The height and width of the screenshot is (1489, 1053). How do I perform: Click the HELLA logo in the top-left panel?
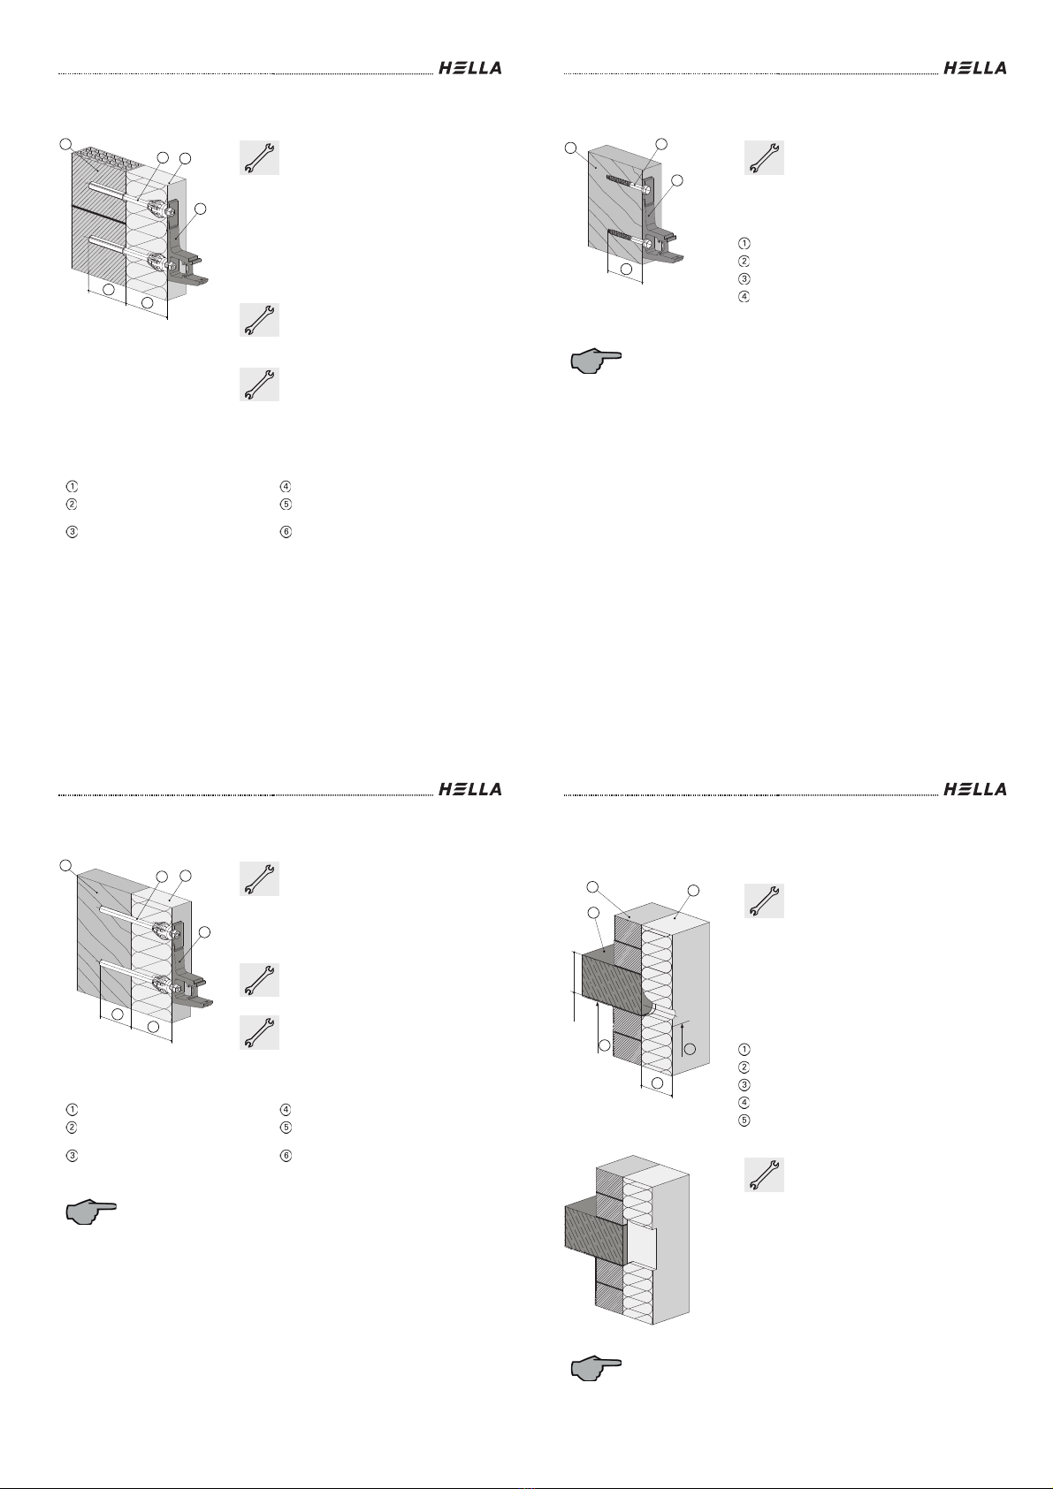point(469,68)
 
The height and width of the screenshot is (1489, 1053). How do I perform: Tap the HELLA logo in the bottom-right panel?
point(974,789)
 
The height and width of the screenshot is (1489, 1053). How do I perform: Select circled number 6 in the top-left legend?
point(286,532)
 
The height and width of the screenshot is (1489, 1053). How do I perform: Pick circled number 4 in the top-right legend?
point(744,296)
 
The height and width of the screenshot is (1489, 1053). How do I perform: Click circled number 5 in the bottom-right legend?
point(744,1121)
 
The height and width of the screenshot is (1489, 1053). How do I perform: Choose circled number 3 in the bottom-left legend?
point(72,1155)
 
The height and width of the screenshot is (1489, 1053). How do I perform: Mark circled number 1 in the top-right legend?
point(744,243)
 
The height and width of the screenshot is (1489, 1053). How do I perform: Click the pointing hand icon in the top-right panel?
point(596,361)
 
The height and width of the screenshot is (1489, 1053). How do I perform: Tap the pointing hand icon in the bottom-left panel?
point(91,1212)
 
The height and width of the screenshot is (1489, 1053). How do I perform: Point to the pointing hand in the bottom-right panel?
point(596,1371)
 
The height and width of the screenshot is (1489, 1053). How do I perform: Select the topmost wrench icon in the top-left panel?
point(259,157)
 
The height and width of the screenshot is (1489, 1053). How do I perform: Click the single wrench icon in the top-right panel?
point(764,157)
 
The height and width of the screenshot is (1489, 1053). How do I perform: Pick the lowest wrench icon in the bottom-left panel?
point(259,1032)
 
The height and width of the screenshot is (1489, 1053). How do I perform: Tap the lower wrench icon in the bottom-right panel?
point(764,1174)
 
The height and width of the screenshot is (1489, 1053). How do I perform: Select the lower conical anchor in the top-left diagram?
point(157,262)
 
